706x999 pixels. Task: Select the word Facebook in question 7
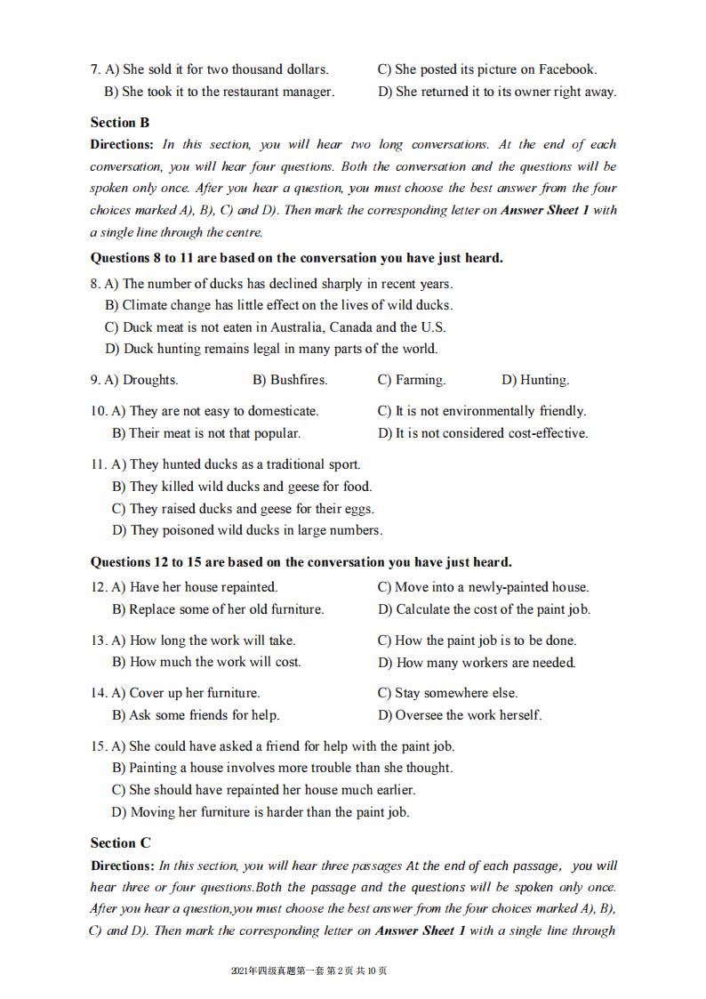coord(566,69)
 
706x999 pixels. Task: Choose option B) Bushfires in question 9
coord(290,380)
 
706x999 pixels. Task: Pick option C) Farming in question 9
coord(412,380)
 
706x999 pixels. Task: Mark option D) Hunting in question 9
coord(535,380)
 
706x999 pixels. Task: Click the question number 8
coord(94,284)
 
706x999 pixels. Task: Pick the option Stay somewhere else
coord(447,693)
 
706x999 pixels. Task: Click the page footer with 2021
coord(309,971)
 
